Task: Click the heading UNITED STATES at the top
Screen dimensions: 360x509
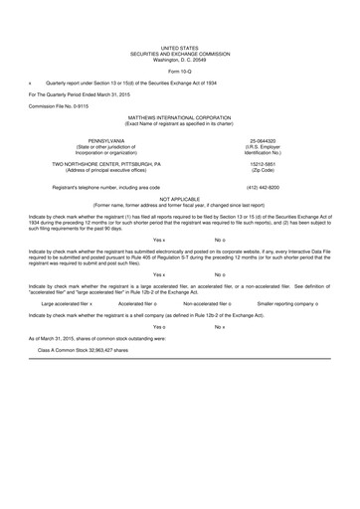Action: click(x=180, y=47)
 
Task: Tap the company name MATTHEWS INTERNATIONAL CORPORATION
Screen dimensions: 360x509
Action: click(x=179, y=116)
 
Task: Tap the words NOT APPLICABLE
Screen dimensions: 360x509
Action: click(x=180, y=198)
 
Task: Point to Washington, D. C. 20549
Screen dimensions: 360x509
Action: click(x=180, y=59)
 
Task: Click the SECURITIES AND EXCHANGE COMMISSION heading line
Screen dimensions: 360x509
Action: click(x=180, y=53)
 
